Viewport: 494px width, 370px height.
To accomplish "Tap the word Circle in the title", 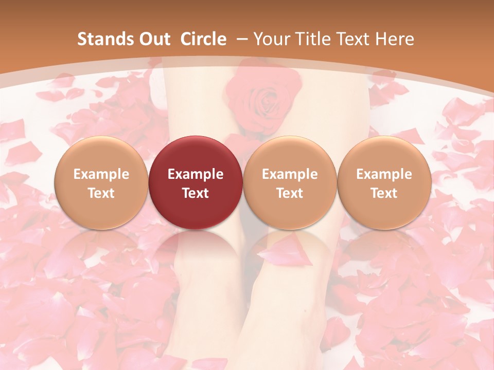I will coord(203,39).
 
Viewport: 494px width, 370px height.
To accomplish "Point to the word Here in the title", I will coord(394,39).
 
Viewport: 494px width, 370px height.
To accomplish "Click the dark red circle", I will coord(196,182).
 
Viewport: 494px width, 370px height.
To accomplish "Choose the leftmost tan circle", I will coord(101,182).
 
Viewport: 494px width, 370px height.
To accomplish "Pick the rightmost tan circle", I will coord(384,182).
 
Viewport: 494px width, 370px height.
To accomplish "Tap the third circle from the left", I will coord(290,182).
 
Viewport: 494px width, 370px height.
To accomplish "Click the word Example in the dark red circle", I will coord(196,174).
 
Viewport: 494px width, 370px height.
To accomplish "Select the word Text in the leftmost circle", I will coord(101,193).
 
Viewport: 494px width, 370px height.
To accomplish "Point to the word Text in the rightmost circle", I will coord(384,193).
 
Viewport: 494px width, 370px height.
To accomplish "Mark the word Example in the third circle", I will coord(290,174).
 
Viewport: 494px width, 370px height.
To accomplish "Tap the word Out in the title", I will coord(153,39).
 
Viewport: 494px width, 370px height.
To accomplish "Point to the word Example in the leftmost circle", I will coord(101,174).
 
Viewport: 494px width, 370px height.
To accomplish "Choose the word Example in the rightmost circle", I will coord(384,174).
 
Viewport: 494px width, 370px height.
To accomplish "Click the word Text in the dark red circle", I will coord(196,193).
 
